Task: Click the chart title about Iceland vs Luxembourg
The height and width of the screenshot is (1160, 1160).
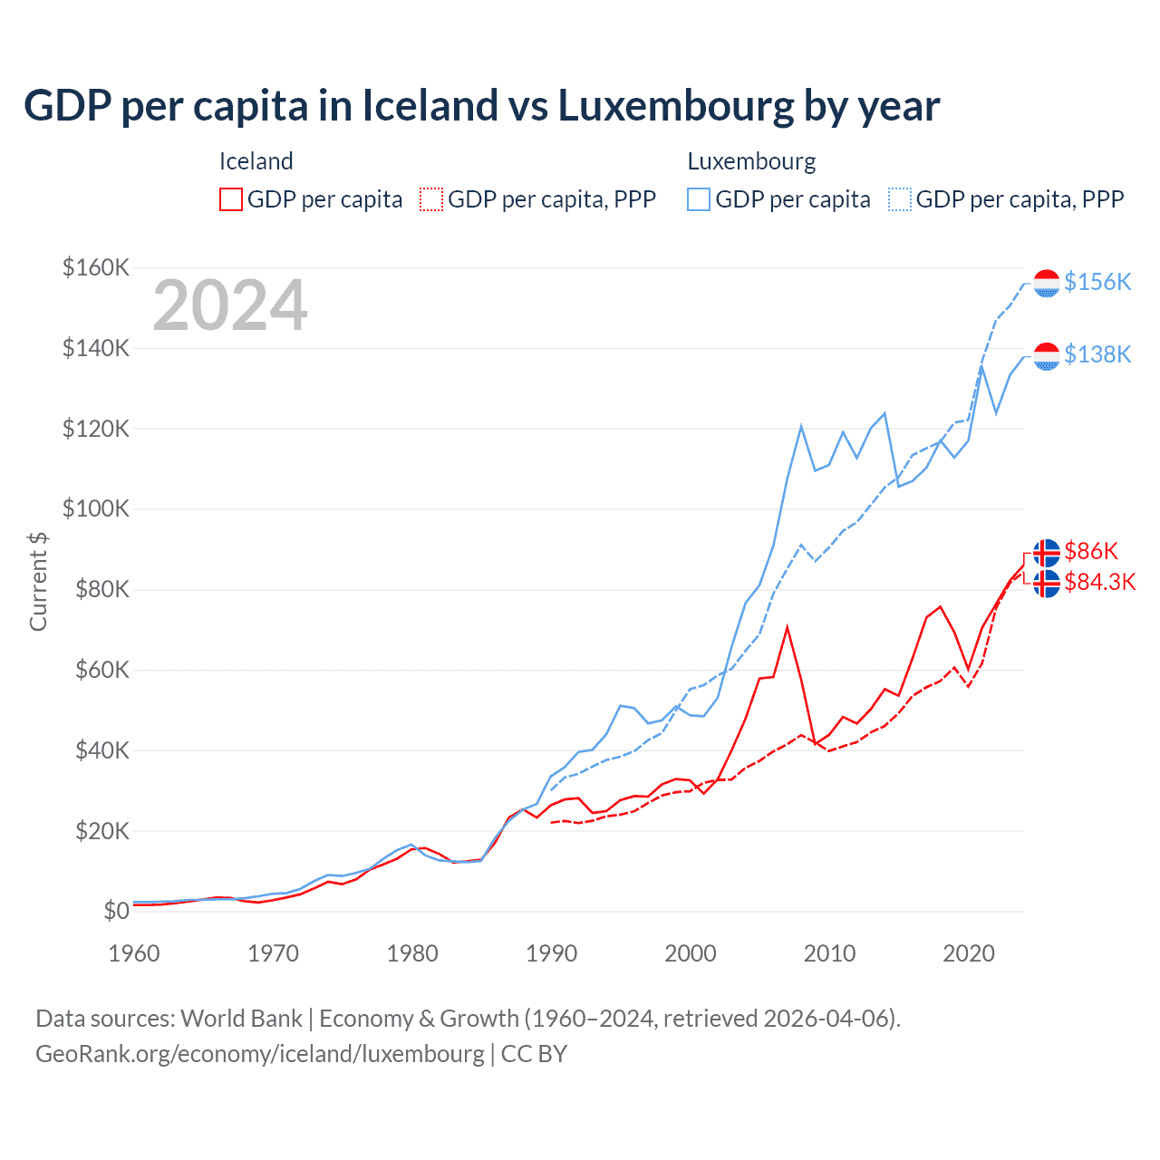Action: pos(481,106)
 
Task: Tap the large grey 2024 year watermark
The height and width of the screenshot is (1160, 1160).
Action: pos(230,305)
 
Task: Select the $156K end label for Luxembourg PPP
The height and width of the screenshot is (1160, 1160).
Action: pos(1097,282)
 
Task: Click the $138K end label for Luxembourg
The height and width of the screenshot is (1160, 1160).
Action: pos(1097,354)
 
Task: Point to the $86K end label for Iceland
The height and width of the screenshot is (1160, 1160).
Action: pos(1091,551)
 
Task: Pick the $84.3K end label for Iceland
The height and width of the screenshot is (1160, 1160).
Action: pos(1099,582)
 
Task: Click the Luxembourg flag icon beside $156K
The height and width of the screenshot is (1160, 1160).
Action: pos(1047,283)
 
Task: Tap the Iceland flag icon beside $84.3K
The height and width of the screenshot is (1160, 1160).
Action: pos(1047,584)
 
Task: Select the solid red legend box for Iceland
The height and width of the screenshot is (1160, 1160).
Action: pos(231,199)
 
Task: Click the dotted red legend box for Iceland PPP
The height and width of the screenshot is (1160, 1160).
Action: pos(431,199)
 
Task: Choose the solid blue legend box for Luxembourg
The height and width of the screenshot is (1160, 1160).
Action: pos(699,199)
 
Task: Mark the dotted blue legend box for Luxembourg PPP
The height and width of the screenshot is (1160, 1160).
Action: pos(900,199)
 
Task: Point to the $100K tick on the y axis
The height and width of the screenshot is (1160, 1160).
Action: pos(96,508)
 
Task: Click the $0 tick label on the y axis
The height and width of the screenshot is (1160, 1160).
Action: pos(116,911)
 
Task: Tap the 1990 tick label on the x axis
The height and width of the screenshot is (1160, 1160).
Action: pos(551,953)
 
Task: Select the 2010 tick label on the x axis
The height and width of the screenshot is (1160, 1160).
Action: pos(829,953)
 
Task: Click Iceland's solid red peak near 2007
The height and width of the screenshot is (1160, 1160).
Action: pos(787,627)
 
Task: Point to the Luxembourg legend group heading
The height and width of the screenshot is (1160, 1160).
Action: pos(751,161)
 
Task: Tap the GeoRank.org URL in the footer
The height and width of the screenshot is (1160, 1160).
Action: pos(260,1054)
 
